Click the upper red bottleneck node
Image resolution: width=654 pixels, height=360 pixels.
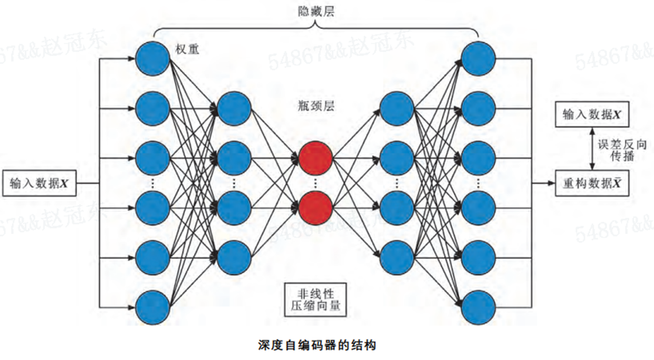(x=315, y=159)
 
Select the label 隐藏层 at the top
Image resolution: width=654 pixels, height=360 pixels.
(x=316, y=11)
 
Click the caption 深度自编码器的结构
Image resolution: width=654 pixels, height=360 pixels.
(x=317, y=345)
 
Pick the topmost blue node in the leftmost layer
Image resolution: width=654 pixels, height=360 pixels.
(x=152, y=59)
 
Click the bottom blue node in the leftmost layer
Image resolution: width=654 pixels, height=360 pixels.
(x=152, y=307)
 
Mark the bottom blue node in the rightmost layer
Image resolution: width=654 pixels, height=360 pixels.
(x=478, y=307)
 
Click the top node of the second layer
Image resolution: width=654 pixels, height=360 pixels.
(x=234, y=108)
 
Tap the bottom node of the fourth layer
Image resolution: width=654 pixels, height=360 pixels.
(x=397, y=258)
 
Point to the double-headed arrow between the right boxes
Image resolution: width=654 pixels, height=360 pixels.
(x=592, y=149)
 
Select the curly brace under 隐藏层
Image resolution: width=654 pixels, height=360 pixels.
(x=316, y=30)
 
